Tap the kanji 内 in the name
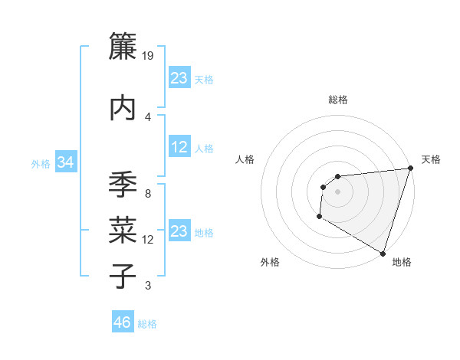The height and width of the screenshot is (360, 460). click(123, 107)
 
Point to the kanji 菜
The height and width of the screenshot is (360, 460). click(123, 230)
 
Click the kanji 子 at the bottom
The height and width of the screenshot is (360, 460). click(123, 276)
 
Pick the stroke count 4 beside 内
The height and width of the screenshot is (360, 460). click(148, 116)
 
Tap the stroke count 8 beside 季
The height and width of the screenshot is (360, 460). click(148, 194)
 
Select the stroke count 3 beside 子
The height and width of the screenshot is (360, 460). click(148, 286)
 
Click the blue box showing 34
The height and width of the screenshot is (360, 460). click(66, 162)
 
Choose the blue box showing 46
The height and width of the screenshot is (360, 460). click(123, 322)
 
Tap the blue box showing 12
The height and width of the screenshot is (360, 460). click(179, 147)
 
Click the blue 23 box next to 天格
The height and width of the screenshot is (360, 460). click(179, 78)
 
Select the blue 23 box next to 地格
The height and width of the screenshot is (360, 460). click(179, 231)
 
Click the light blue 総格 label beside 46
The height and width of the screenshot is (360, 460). click(147, 324)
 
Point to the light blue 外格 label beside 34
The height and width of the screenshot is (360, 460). click(41, 163)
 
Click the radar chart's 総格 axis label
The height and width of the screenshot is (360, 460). click(337, 100)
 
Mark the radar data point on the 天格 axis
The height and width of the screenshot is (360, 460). click(410, 169)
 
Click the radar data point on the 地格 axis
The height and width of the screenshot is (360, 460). click(383, 254)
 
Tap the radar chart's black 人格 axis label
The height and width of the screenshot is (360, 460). click(245, 159)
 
